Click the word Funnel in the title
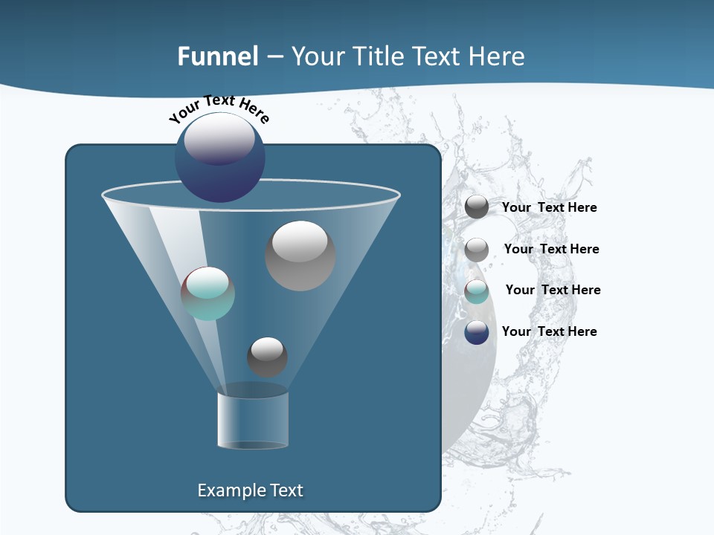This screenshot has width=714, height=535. pos(218,56)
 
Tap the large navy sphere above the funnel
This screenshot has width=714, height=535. pos(219,157)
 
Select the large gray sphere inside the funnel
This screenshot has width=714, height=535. pos(300,256)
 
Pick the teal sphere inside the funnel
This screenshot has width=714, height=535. pos(208,294)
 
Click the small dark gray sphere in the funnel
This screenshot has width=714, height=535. pos(267,357)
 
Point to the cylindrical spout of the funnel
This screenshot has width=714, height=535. pos(253,420)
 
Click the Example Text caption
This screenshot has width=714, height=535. pos(251,490)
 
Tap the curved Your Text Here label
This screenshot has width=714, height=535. pos(219,108)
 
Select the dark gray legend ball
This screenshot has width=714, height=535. pos(477,207)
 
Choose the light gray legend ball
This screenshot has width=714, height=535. pos(477,250)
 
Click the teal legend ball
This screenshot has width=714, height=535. pos(477,291)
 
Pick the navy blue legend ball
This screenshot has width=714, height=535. pos(477,332)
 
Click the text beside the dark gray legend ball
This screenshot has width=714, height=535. pos(549,208)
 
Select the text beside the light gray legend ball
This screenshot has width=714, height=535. pos(551,249)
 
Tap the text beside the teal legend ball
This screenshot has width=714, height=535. pos(553,290)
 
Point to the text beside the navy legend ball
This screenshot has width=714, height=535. pos(549,331)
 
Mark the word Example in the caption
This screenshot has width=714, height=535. pos(231,490)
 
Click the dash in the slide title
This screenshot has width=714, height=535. pos(274,56)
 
